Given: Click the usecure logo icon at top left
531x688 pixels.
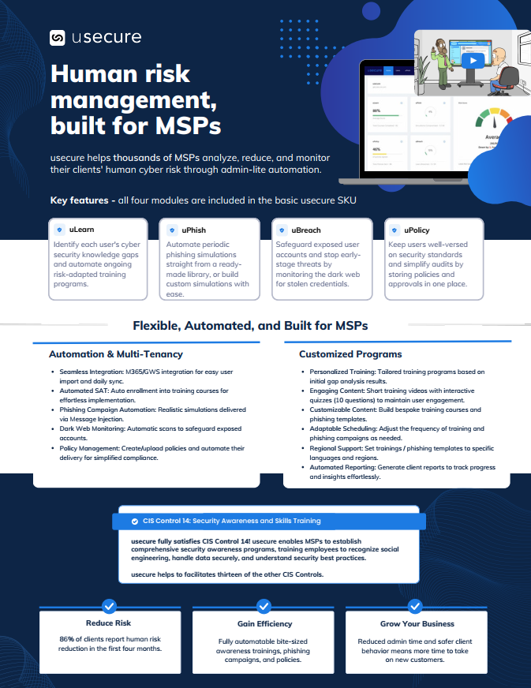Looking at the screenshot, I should tap(57, 38).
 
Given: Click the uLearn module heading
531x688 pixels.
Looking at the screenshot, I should tap(81, 230).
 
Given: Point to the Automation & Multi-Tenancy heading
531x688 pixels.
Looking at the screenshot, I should tap(115, 354).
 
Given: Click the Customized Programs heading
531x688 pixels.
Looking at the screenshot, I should tap(350, 354).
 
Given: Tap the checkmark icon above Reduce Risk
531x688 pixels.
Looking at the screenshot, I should tap(110, 605).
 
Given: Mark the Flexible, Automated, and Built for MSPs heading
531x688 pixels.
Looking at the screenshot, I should tap(250, 325).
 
